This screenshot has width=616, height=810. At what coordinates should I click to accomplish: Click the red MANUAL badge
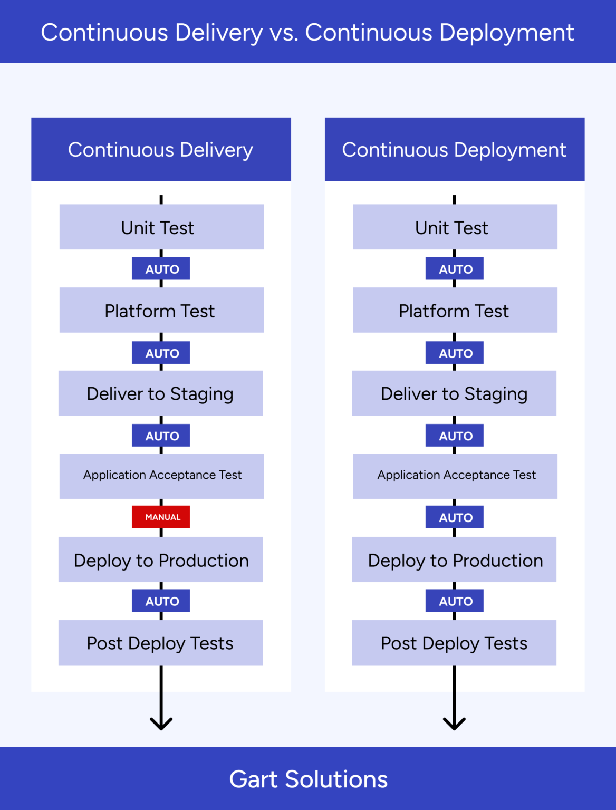161,517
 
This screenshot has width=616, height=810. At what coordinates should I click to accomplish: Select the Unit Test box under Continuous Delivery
161,227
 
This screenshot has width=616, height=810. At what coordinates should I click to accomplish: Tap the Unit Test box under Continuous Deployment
455,227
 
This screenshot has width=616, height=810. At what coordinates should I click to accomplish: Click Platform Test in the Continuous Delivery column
161,310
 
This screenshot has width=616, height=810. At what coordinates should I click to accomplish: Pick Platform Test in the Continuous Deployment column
455,310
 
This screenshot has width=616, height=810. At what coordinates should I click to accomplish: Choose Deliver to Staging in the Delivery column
160,393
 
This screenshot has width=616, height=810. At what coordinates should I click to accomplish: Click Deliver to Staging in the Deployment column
454,393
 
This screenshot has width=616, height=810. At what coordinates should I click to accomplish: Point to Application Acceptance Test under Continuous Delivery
161,476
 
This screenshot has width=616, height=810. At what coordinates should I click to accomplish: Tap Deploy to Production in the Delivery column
160,560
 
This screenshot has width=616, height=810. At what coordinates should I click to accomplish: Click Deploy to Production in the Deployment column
454,560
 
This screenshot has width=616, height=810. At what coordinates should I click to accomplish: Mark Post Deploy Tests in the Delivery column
160,642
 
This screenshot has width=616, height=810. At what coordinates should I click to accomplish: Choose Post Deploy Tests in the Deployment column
454,642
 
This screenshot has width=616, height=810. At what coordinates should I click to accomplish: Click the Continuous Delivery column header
161,150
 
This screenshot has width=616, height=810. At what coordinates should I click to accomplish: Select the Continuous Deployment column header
455,150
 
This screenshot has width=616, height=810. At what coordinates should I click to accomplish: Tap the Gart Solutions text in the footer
308,779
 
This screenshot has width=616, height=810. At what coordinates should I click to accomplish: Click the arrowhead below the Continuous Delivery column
161,724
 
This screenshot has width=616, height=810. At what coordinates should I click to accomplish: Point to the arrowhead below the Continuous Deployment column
454,724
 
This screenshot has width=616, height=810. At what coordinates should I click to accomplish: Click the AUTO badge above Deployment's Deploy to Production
455,517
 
